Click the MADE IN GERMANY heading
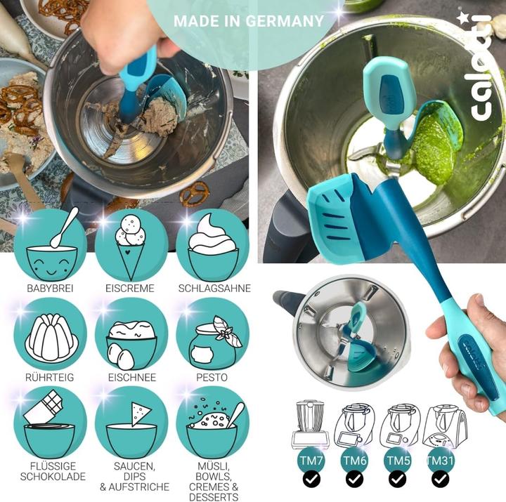[248, 20]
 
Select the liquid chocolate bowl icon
[52, 422]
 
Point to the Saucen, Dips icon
[131, 422]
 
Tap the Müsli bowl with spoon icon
[212, 422]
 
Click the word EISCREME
[131, 289]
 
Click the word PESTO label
[212, 377]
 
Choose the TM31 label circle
[441, 460]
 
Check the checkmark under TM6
[354, 480]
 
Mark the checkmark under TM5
[397, 480]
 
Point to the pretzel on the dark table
[195, 190]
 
